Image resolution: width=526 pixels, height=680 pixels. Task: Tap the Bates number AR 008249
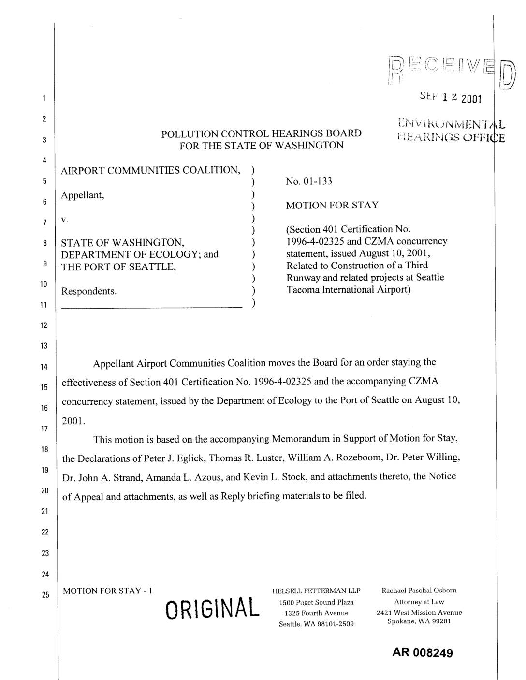coord(423,653)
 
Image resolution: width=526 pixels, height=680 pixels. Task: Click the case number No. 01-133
coord(309,181)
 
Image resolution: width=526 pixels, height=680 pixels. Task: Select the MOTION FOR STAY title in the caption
coord(332,205)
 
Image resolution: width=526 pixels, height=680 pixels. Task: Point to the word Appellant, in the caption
coord(83,195)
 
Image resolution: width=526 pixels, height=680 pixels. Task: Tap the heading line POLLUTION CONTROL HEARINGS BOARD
coord(261,133)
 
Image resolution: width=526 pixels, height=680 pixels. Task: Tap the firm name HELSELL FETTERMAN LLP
coord(316,591)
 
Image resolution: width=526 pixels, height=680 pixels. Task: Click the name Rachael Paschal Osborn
coord(419,590)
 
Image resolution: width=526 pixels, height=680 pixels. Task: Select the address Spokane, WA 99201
coord(419,621)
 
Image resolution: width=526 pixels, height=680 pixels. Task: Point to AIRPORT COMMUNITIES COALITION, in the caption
coord(150,170)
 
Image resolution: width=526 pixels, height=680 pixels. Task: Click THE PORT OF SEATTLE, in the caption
coord(118,266)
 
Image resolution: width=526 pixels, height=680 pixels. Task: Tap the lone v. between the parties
coord(65,219)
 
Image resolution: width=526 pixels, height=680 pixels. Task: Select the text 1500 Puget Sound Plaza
coord(316,602)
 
